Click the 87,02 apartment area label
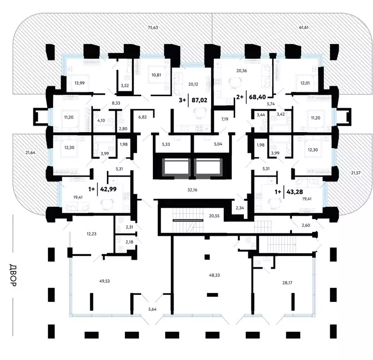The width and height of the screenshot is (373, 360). (x=199, y=100)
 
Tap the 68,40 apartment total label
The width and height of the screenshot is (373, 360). (x=258, y=97)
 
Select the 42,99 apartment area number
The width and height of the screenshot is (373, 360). (x=108, y=189)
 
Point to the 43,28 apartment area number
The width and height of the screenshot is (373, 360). (x=295, y=192)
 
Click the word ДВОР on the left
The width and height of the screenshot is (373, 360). (x=13, y=275)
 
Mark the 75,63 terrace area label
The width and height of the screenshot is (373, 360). (x=153, y=28)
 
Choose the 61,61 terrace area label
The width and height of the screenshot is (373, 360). (x=304, y=27)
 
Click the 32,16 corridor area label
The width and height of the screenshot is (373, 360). (x=192, y=190)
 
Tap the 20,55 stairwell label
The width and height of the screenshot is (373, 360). (x=214, y=216)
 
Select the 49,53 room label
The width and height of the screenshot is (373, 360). (x=105, y=281)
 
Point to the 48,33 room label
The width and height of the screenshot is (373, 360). (x=214, y=275)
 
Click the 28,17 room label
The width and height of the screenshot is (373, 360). (x=287, y=283)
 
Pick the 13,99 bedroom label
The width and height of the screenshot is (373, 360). (x=79, y=83)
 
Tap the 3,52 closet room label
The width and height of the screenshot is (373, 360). (x=125, y=85)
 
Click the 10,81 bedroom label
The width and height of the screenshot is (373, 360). (x=156, y=75)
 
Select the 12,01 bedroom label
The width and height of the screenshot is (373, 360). (x=305, y=83)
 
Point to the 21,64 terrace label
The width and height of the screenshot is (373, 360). (x=30, y=152)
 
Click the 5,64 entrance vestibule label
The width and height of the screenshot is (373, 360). (x=152, y=309)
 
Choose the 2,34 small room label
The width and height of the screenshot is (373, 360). (x=240, y=208)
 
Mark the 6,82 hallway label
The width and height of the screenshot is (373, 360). (x=142, y=117)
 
